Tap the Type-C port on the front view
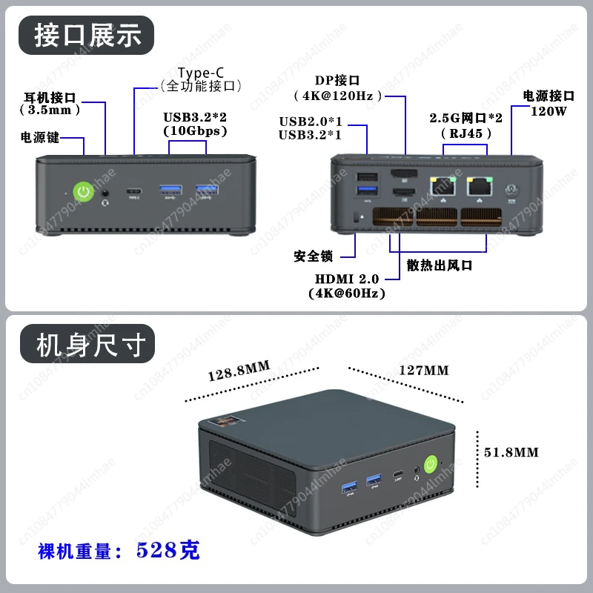pos(134,191)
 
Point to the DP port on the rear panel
pos(404,175)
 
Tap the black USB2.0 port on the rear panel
pos(365,178)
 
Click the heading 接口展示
pos(87,35)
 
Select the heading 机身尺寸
pos(87,345)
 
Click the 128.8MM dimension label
pos(238,372)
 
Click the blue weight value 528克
pos(168,550)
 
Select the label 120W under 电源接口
pos(549,111)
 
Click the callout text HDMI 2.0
pos(347,279)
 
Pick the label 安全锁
pos(314,256)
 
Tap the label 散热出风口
pos(440,265)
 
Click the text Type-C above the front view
pos(201,72)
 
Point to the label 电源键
pos(40,137)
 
